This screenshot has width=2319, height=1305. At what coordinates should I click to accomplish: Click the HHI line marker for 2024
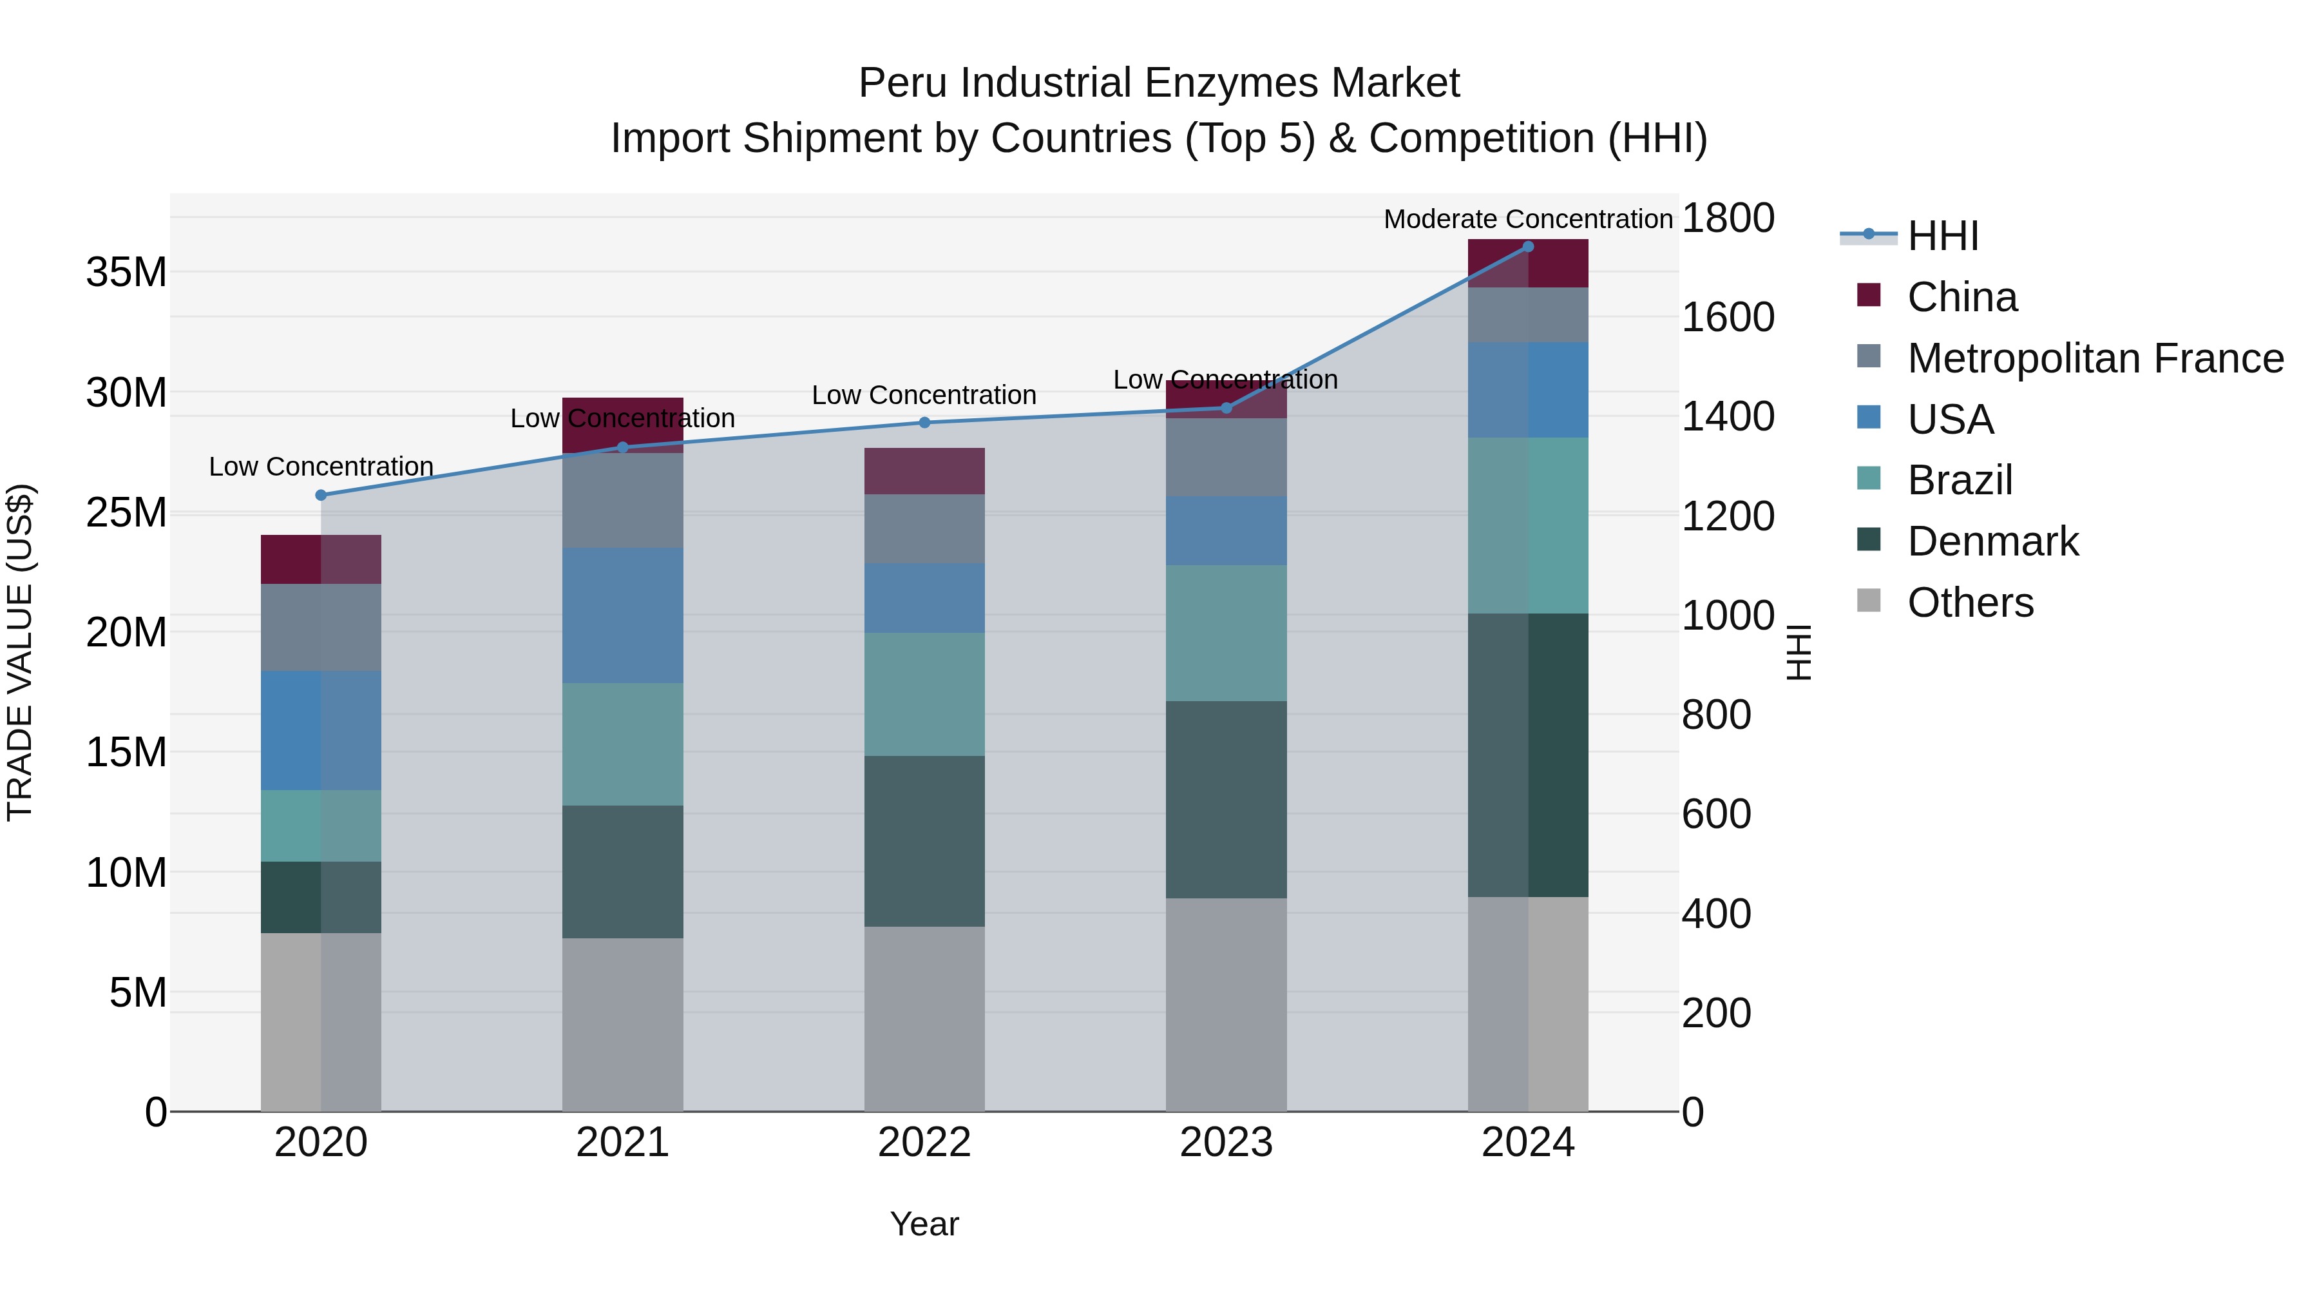pos(1528,247)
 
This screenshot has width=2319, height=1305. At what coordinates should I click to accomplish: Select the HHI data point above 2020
pos(321,496)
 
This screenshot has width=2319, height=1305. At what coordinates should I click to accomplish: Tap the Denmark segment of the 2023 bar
pos(1226,799)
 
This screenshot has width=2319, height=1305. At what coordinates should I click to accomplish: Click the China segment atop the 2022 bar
pos(924,471)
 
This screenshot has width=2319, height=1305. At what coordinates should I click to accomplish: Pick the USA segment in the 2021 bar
pos(622,615)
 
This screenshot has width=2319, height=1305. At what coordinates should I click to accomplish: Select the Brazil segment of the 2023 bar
pos(1226,633)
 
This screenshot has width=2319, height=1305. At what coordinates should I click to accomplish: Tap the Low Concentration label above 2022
pos(924,396)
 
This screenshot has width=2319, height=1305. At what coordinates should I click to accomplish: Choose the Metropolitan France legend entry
pos(2095,358)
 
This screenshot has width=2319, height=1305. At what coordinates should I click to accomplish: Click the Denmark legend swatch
pos(1869,539)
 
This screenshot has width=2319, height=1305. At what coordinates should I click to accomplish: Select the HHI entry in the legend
pos(1943,236)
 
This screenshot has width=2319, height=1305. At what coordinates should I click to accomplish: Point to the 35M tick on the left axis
pos(126,272)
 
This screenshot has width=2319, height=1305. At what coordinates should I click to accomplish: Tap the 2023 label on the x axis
pos(1226,1143)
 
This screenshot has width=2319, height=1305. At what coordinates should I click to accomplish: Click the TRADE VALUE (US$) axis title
pos(20,652)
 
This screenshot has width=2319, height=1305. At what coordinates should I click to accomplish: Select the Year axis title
pos(924,1224)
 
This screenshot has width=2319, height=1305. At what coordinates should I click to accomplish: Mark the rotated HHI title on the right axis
pos(1798,652)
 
